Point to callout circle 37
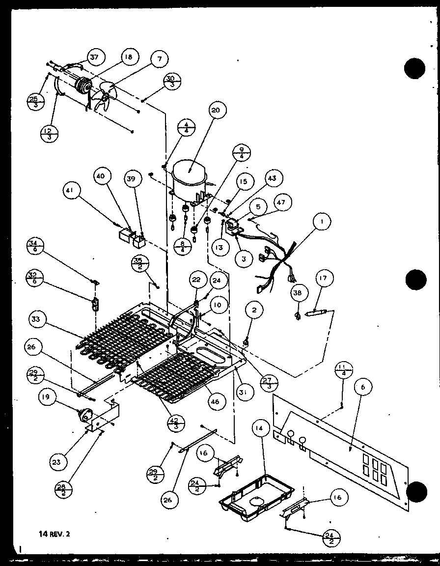[x=93, y=57]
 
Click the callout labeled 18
[x=128, y=57]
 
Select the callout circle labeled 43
[x=273, y=178]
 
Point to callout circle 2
[x=254, y=310]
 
